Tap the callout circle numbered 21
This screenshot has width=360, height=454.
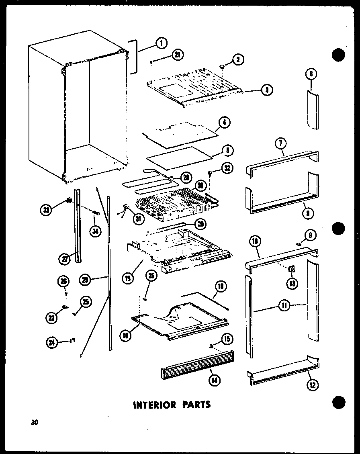[176, 56]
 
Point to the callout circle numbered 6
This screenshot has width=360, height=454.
[311, 74]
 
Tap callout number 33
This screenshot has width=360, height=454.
[47, 209]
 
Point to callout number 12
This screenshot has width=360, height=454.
[312, 385]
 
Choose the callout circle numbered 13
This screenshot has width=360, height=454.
[292, 283]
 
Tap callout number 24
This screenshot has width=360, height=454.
[51, 342]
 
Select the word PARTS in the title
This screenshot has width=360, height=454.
[194, 404]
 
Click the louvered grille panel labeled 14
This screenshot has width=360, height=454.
[197, 363]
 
